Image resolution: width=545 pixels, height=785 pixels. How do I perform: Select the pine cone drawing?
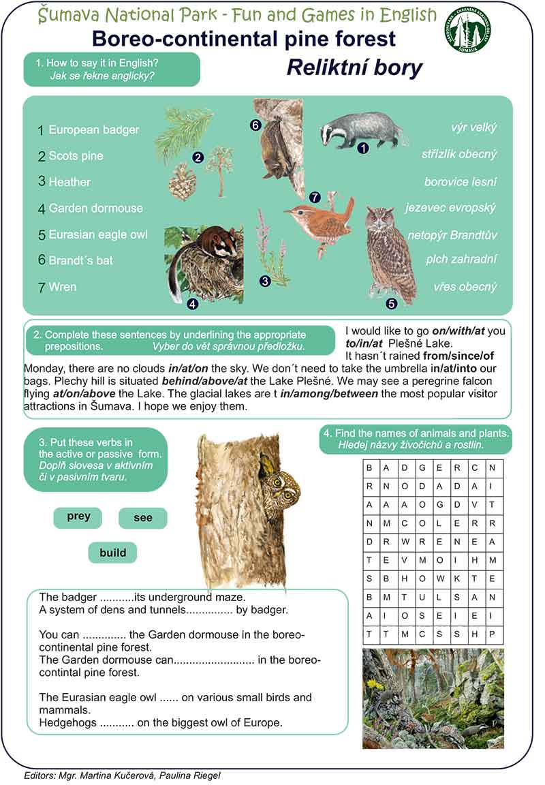182,181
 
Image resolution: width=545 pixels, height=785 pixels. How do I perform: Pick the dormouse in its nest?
204,263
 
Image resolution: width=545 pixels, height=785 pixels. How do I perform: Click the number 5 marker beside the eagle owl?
391,304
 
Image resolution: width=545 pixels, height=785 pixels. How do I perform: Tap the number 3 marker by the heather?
265,280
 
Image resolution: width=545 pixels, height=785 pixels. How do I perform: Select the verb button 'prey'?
78,517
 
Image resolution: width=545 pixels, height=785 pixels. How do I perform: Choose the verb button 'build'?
112,553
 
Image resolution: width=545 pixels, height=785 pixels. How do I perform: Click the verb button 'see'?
143,518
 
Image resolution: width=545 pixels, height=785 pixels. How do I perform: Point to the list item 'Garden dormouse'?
95,209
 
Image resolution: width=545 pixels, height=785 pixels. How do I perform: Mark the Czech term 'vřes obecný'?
465,287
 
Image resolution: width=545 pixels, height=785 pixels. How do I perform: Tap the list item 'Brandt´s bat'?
80,260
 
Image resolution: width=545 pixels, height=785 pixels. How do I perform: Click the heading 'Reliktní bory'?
354,68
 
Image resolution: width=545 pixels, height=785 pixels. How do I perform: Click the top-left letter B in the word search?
369,467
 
